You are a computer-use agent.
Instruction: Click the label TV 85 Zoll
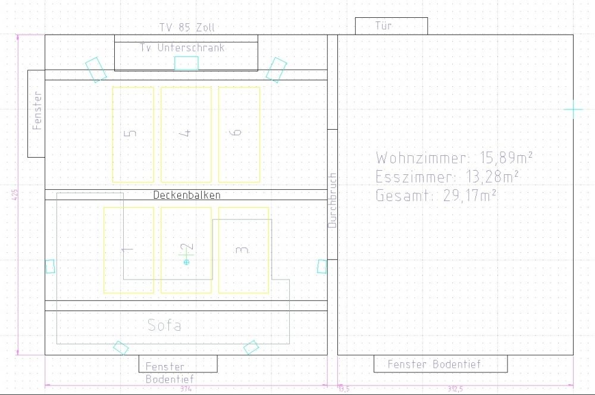[x=187, y=27]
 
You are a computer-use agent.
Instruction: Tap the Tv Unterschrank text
[x=182, y=48]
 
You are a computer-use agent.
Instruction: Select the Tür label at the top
[x=384, y=26]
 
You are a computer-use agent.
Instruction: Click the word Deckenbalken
[x=186, y=195]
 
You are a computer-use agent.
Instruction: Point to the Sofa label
[x=164, y=325]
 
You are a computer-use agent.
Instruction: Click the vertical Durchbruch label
[x=333, y=200]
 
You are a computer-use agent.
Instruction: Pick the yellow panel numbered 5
[x=133, y=134]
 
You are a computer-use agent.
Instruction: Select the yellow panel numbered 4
[x=186, y=134]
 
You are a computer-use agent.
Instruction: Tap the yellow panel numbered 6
[x=239, y=134]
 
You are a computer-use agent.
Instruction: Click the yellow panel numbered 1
[x=129, y=250]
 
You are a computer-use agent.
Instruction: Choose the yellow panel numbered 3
[x=243, y=250]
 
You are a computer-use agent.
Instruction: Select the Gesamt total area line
[x=437, y=196]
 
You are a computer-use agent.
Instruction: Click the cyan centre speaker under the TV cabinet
[x=186, y=63]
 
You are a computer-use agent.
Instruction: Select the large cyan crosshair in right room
[x=574, y=109]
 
